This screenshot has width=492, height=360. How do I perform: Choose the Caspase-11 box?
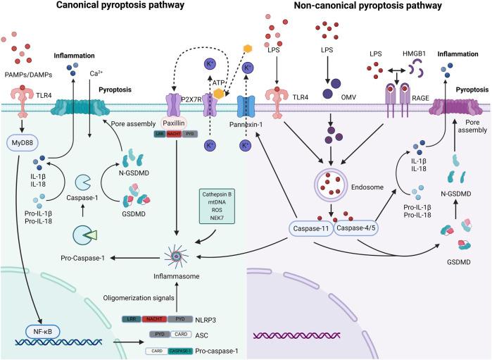point(310,228)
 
